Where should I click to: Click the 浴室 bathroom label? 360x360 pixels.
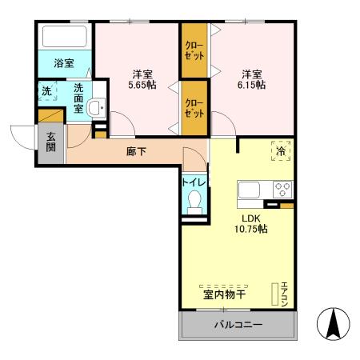click(x=65, y=62)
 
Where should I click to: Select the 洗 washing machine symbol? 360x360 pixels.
click(x=48, y=91)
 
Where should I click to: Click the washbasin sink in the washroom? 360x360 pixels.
click(x=97, y=108)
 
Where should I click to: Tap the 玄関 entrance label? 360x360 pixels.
click(x=51, y=142)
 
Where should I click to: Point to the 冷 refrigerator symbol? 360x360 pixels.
click(x=280, y=150)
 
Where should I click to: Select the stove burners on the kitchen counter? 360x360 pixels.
click(x=282, y=190)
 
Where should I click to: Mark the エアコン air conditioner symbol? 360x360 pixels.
click(x=282, y=295)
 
